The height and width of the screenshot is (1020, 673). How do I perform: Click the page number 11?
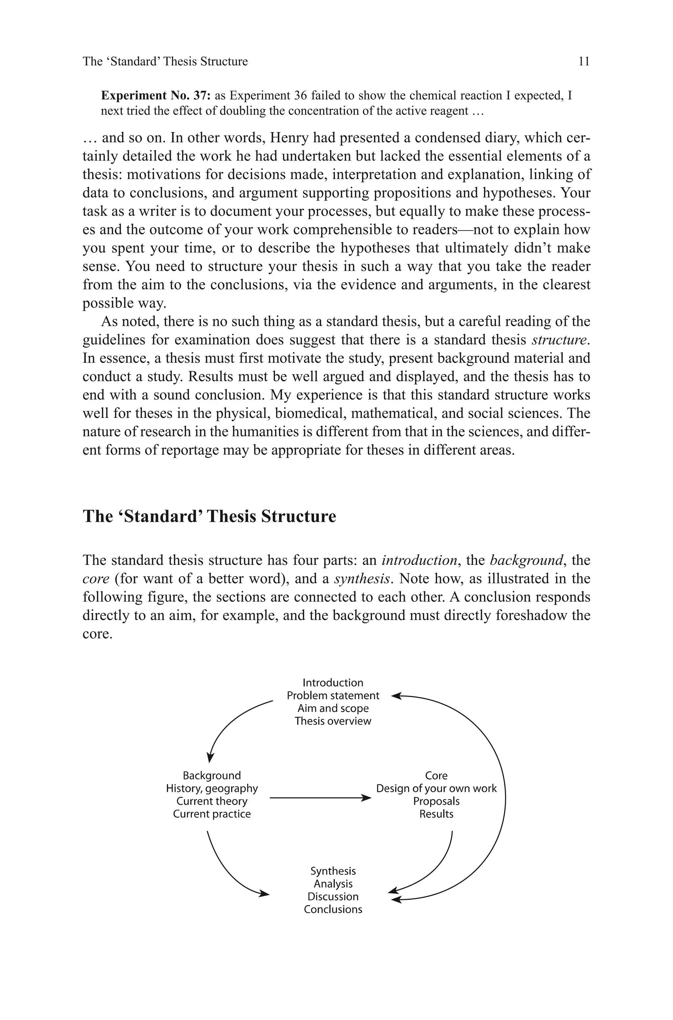(x=584, y=62)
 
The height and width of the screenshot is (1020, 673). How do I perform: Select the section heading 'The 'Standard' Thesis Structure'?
(x=209, y=516)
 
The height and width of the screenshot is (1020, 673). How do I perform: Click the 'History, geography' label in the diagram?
(x=212, y=788)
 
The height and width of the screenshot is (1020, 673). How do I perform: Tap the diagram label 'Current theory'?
(x=212, y=801)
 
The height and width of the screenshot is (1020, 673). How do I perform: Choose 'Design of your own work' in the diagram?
(x=436, y=788)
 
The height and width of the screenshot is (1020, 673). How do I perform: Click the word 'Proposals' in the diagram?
(x=436, y=801)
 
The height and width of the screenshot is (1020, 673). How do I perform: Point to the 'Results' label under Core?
(x=436, y=814)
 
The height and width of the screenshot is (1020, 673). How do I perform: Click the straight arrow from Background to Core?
(x=320, y=798)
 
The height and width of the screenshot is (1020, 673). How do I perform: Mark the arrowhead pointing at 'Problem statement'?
(x=396, y=696)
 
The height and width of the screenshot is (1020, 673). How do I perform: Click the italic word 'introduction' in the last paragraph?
(x=419, y=561)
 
